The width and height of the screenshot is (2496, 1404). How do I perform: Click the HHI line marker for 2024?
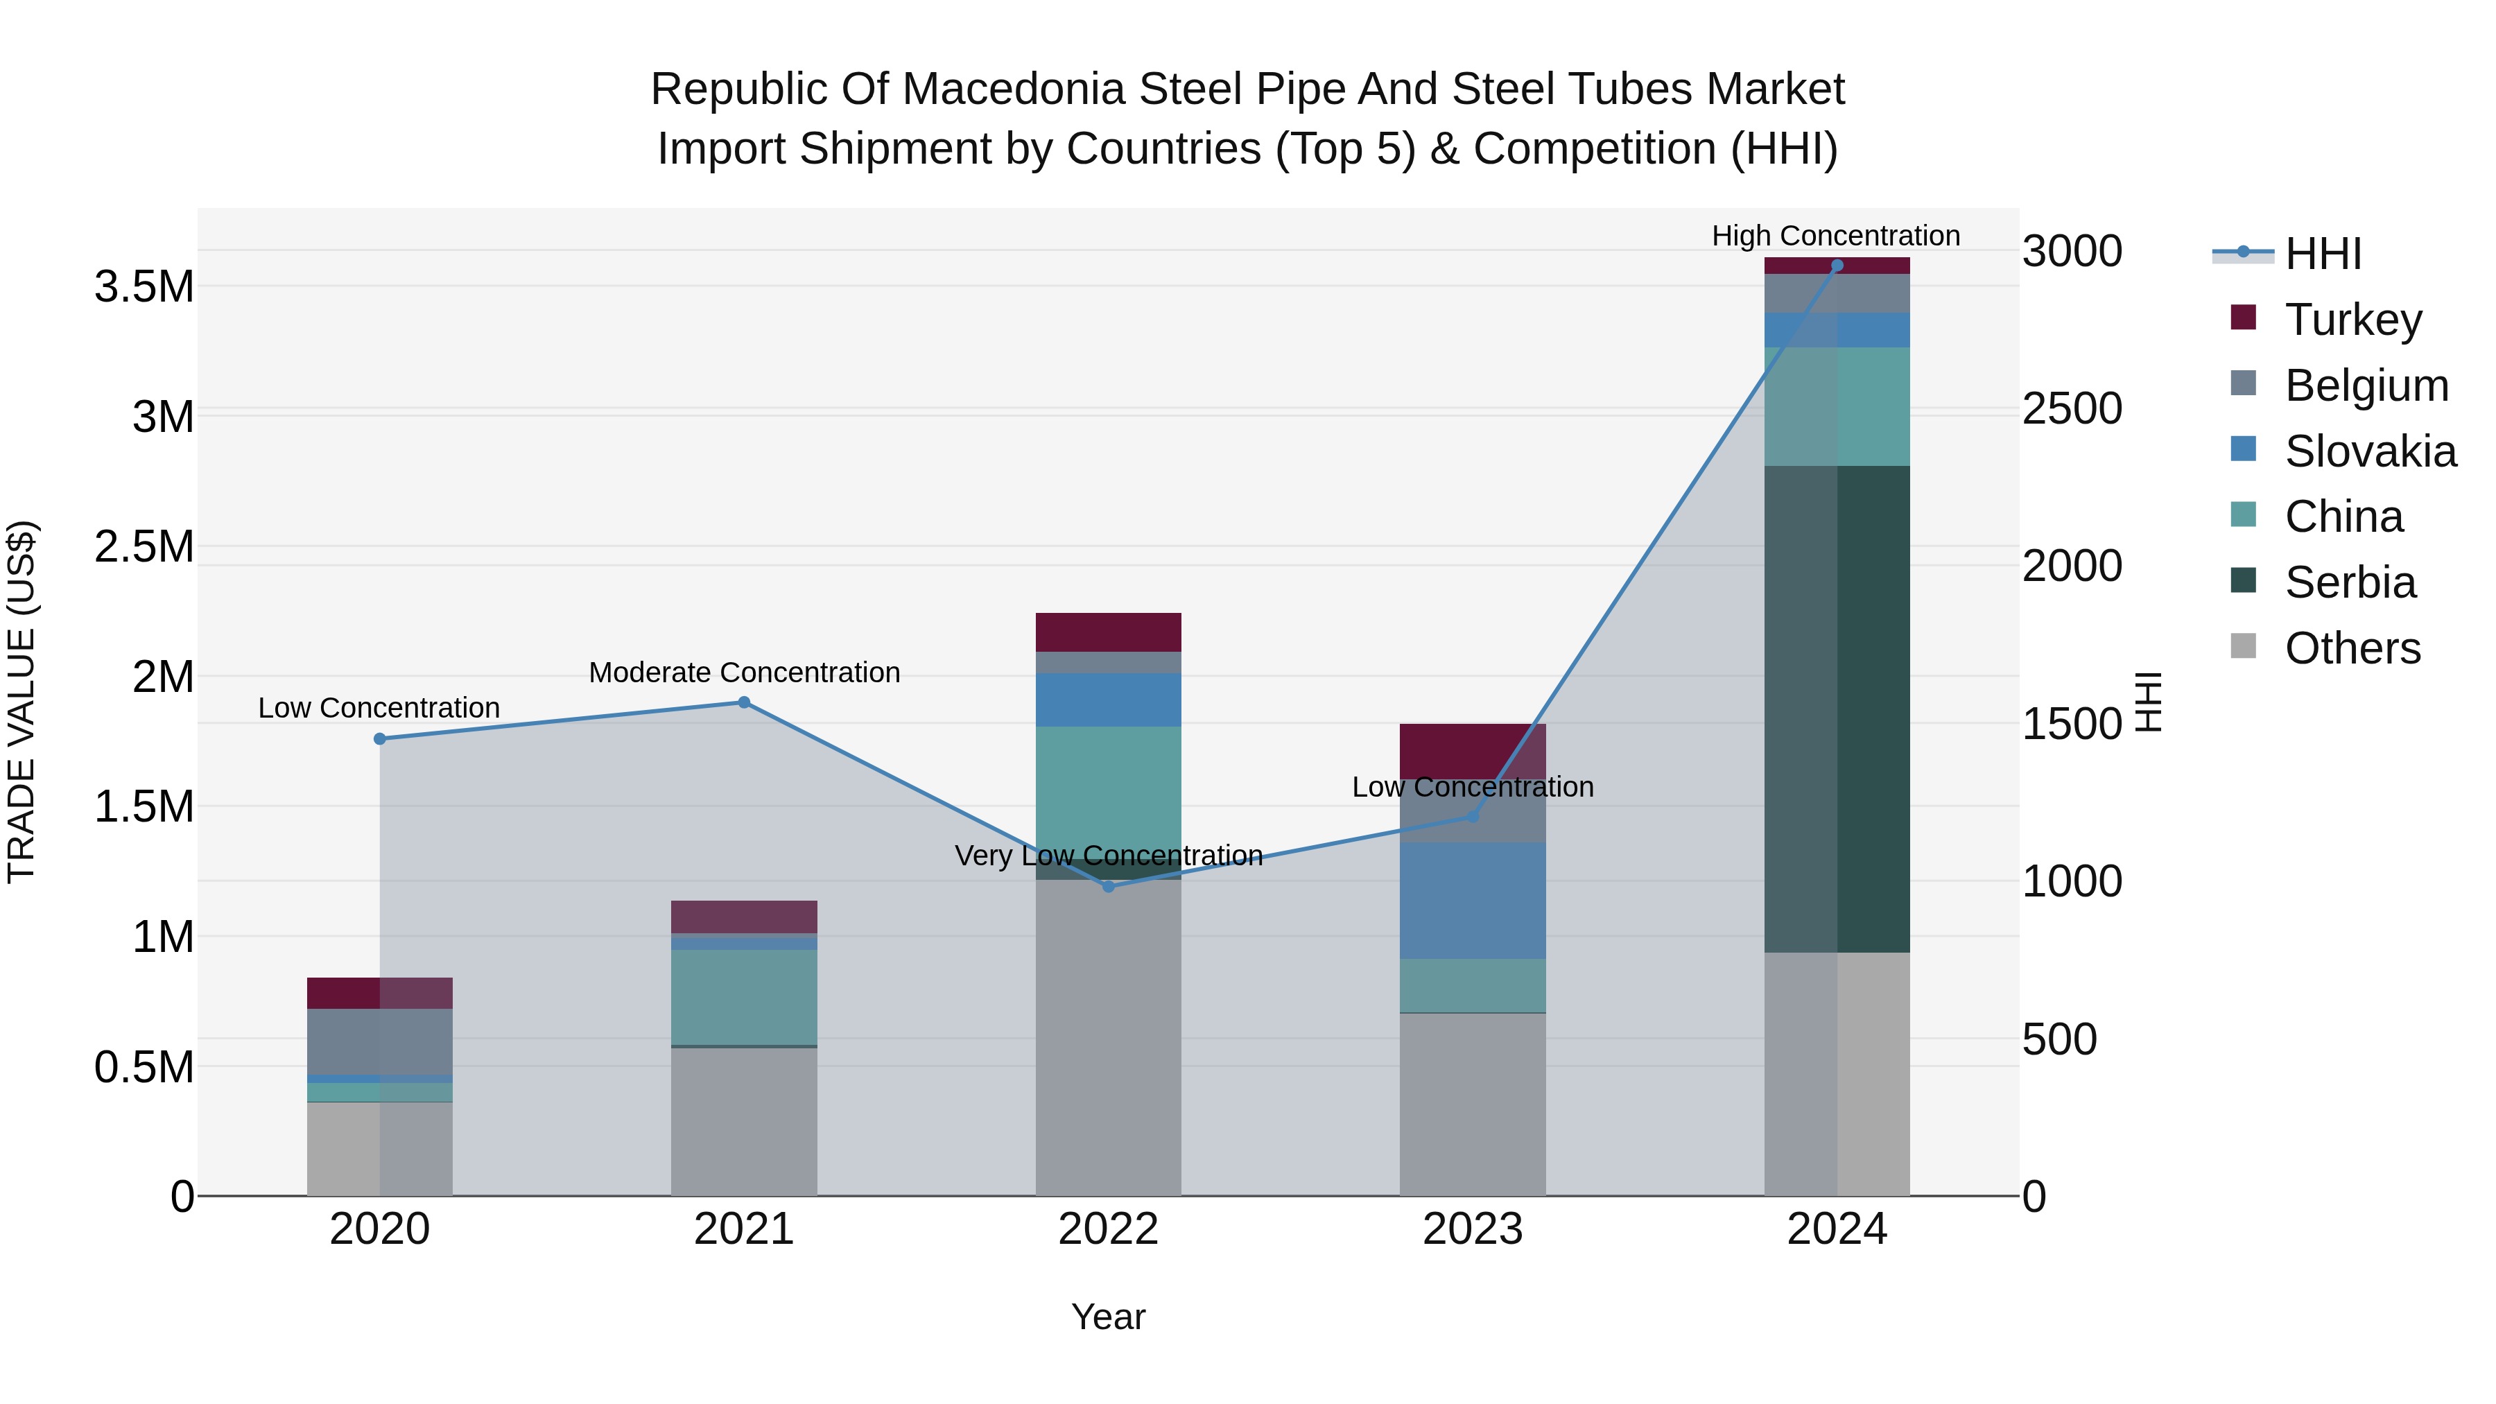[x=1836, y=266]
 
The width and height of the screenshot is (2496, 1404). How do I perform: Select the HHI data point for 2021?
[x=744, y=702]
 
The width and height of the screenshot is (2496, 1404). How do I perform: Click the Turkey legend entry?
[x=2352, y=320]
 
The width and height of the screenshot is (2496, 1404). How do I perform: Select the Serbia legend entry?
[x=2349, y=582]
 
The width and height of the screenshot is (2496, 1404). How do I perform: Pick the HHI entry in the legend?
[x=2321, y=254]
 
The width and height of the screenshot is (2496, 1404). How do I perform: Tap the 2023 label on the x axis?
[x=1472, y=1229]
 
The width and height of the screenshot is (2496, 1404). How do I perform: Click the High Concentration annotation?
[x=1835, y=236]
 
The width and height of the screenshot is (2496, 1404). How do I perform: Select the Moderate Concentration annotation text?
[x=744, y=673]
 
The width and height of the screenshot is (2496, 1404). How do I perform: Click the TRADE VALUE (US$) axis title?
[x=21, y=702]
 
